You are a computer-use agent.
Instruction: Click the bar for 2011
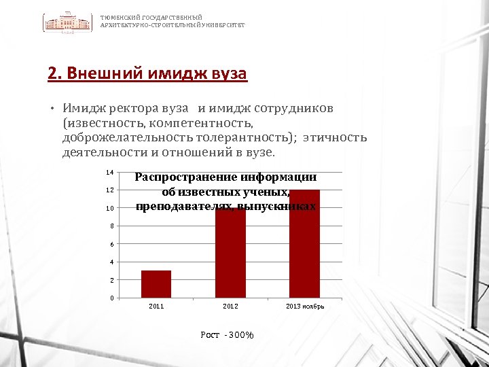(x=156, y=284)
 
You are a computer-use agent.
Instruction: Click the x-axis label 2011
(x=156, y=307)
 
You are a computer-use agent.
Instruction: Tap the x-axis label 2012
(x=230, y=307)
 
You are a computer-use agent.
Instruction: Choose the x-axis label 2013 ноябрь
(x=305, y=307)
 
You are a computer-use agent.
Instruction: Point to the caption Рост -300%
(x=227, y=335)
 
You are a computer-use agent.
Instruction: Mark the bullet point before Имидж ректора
(x=52, y=109)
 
